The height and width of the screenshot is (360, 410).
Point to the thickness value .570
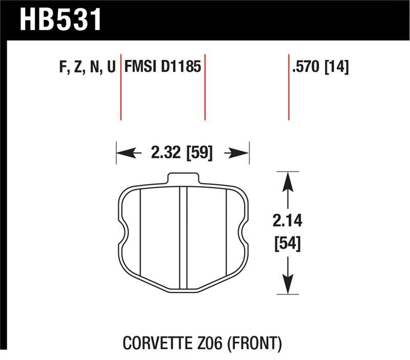306,68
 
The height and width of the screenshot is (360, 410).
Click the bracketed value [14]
336,68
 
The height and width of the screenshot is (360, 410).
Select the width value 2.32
165,152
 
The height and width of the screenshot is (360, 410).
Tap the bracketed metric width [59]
199,152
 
